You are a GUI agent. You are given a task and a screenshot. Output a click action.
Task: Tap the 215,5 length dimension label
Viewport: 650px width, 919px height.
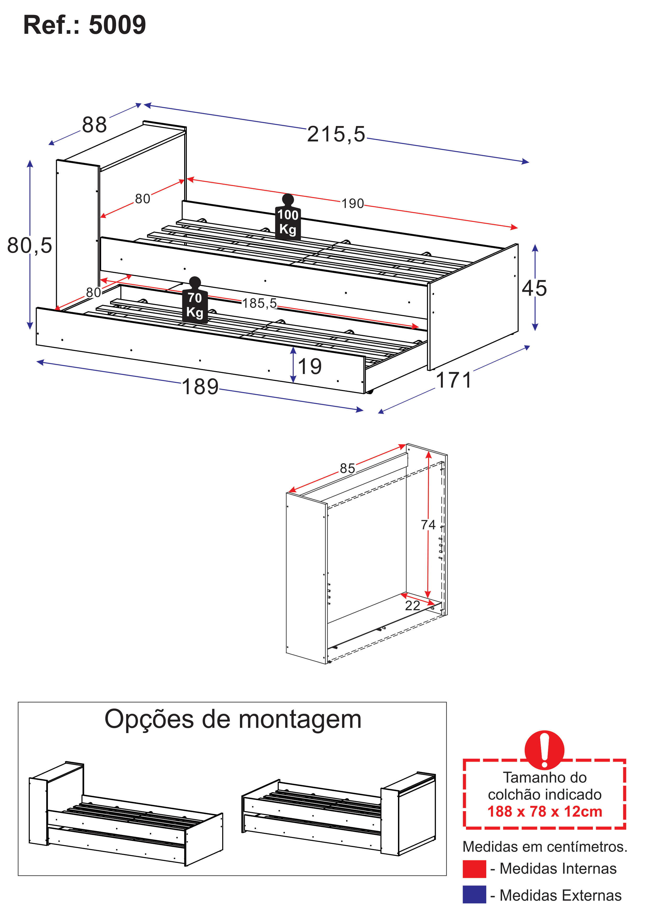336,134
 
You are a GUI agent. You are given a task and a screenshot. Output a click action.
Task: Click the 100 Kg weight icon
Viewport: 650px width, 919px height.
288,217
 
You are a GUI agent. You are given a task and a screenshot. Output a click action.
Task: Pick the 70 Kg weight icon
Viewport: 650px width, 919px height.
195,300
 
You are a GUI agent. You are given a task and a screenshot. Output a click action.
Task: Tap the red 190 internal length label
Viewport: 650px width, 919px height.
352,203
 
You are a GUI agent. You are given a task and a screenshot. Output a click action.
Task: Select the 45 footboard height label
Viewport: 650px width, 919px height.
534,288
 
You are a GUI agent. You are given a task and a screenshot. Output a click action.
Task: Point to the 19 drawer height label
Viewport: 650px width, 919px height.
310,366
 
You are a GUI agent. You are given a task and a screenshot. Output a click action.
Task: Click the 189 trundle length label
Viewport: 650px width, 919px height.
200,387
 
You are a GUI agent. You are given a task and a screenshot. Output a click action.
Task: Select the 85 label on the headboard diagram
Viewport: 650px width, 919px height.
347,468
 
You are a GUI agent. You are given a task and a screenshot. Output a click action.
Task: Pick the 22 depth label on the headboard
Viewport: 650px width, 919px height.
413,606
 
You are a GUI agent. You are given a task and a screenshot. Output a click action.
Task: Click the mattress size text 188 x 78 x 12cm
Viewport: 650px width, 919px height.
545,811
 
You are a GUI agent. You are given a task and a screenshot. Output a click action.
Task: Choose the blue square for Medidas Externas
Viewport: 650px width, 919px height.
474,895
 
